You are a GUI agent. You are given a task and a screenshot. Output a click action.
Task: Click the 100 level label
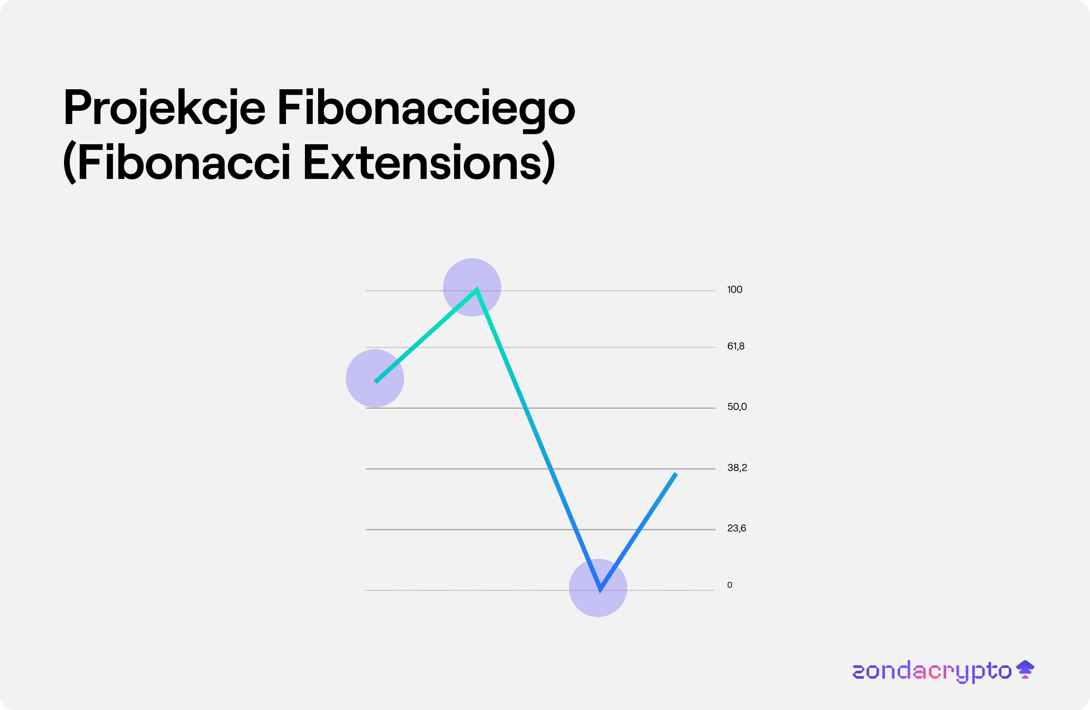pos(735,290)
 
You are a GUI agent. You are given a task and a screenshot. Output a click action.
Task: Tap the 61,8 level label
pos(735,346)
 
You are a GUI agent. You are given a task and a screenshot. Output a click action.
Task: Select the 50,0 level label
pos(737,407)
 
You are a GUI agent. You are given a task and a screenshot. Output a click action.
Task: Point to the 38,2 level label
pos(737,468)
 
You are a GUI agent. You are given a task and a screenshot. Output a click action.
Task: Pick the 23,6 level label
pos(736,528)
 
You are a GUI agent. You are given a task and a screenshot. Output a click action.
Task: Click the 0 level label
pos(730,585)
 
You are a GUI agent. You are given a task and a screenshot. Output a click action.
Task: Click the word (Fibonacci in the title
pos(177,162)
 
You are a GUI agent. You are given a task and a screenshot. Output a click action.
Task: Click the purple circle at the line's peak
pos(472,287)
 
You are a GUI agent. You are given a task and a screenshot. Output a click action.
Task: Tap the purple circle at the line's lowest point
pos(597,588)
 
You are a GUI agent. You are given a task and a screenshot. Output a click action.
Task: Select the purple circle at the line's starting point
pos(375,379)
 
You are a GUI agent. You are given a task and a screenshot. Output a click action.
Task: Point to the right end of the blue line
pos(676,474)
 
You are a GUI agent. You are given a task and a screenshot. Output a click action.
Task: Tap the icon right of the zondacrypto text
pos(1025,669)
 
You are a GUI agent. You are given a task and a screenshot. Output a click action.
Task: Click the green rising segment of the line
pos(426,335)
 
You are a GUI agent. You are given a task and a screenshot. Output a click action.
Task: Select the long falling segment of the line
pos(538,440)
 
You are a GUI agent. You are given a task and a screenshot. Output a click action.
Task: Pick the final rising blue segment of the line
pos(638,532)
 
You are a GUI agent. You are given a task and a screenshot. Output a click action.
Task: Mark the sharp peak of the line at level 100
pos(477,288)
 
